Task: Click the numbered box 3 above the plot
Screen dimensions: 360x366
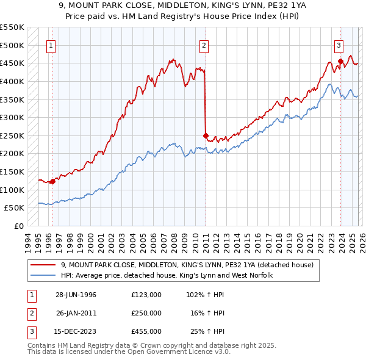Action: click(339, 45)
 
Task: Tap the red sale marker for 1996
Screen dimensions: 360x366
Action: click(53, 181)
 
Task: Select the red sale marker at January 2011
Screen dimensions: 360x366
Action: click(206, 135)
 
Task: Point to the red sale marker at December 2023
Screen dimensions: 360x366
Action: click(340, 61)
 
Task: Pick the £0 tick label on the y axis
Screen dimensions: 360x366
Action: click(18, 226)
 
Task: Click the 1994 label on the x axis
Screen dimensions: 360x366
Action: click(27, 242)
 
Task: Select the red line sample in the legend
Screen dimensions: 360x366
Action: click(43, 265)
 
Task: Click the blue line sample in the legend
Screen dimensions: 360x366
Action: click(43, 276)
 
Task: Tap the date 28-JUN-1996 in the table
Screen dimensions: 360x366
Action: click(76, 295)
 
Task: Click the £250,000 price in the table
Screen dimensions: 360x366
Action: click(146, 313)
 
